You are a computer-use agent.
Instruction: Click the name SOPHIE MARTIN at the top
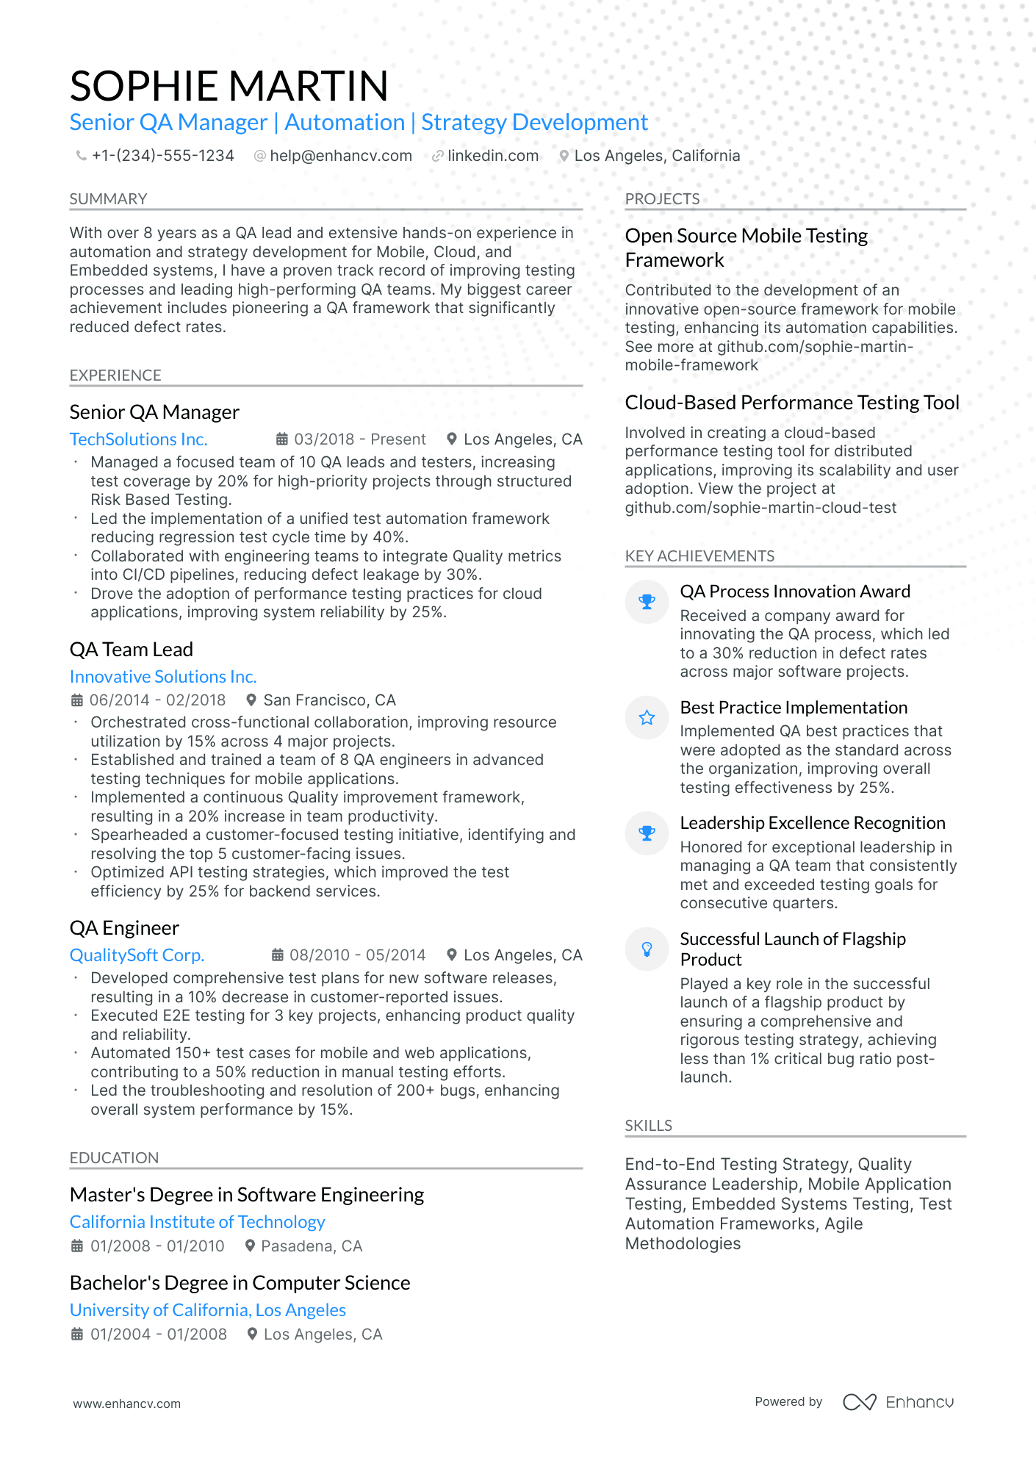(x=229, y=86)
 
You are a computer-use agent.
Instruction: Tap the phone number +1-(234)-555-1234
(x=162, y=156)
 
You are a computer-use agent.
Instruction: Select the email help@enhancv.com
(x=340, y=156)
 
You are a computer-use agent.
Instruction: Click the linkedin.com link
(x=492, y=156)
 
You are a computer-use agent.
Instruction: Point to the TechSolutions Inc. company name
(x=138, y=439)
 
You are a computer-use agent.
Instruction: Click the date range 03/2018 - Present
(x=359, y=439)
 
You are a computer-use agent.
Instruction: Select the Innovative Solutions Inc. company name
(x=162, y=677)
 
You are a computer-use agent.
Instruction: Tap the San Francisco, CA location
(x=329, y=700)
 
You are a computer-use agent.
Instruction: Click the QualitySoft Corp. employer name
(x=137, y=955)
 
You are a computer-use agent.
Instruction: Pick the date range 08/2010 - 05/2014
(x=357, y=955)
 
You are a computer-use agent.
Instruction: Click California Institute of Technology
(x=197, y=1222)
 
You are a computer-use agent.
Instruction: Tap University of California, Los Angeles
(x=207, y=1310)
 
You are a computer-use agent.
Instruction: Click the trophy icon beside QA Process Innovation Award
(x=647, y=602)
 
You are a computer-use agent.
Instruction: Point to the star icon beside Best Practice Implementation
(x=647, y=718)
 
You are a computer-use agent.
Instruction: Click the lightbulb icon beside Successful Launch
(x=647, y=949)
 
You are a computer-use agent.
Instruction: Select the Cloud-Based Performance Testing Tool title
(x=791, y=403)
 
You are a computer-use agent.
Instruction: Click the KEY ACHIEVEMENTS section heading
(x=699, y=556)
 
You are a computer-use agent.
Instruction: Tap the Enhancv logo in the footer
(x=898, y=1402)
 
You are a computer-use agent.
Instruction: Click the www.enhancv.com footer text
(x=126, y=1404)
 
